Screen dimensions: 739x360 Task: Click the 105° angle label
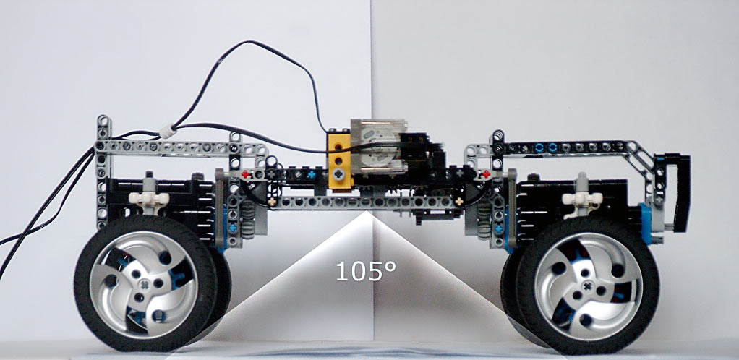(x=366, y=271)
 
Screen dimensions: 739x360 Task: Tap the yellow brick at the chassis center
(x=339, y=160)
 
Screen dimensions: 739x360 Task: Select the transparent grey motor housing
(x=378, y=145)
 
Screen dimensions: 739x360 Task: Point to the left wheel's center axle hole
(x=145, y=284)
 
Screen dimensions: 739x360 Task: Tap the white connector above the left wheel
(x=149, y=198)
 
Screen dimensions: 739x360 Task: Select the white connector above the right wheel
(x=583, y=199)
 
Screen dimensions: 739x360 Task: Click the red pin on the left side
(x=245, y=174)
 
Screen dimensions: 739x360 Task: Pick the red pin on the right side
(x=486, y=174)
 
